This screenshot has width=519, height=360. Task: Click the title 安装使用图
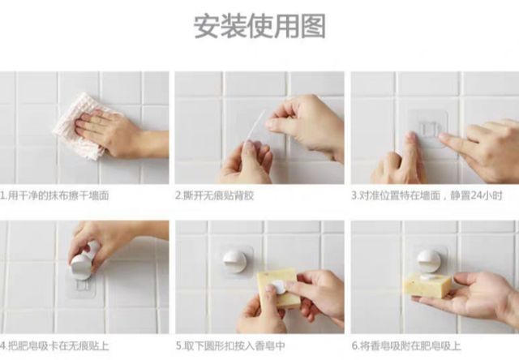pyautogui.click(x=259, y=26)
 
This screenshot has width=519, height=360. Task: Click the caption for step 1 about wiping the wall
pyautogui.click(x=54, y=195)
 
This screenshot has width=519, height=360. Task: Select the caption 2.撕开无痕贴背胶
pyautogui.click(x=214, y=195)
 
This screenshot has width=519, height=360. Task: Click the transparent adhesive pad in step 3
pyautogui.click(x=428, y=129)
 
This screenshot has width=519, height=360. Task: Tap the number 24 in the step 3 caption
pyautogui.click(x=477, y=195)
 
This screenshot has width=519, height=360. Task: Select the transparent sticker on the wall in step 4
pyautogui.click(x=82, y=286)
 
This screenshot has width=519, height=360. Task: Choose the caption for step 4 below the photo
pyautogui.click(x=54, y=345)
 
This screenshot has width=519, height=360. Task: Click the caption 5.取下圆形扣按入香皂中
pyautogui.click(x=230, y=345)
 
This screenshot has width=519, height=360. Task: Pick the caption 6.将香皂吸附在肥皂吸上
pyautogui.click(x=406, y=345)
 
